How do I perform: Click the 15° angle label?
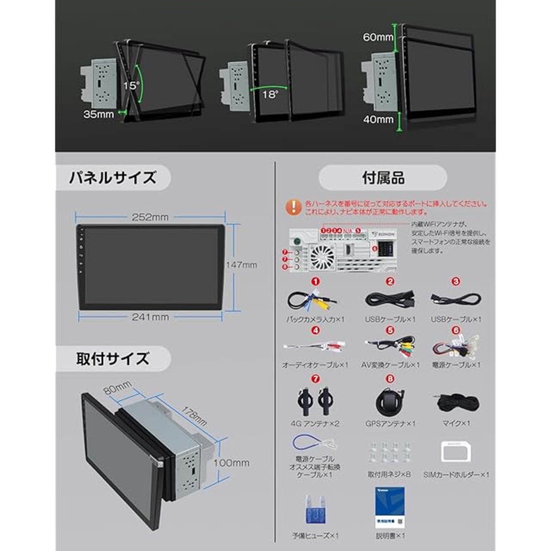click(x=131, y=86)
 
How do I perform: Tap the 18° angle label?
click(x=270, y=94)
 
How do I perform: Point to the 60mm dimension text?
click(x=378, y=37)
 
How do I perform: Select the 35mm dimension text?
click(x=99, y=115)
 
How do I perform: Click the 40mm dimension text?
click(x=378, y=119)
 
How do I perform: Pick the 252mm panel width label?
click(x=150, y=217)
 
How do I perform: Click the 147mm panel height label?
click(x=241, y=265)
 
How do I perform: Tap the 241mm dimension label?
click(x=150, y=317)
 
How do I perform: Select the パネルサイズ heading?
click(x=113, y=178)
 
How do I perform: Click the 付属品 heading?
click(x=383, y=178)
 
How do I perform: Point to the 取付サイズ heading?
click(x=113, y=359)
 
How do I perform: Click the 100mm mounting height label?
click(x=232, y=463)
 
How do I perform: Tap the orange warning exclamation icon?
click(x=294, y=207)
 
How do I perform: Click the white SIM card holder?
click(x=456, y=451)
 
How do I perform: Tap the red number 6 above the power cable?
click(x=456, y=331)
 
